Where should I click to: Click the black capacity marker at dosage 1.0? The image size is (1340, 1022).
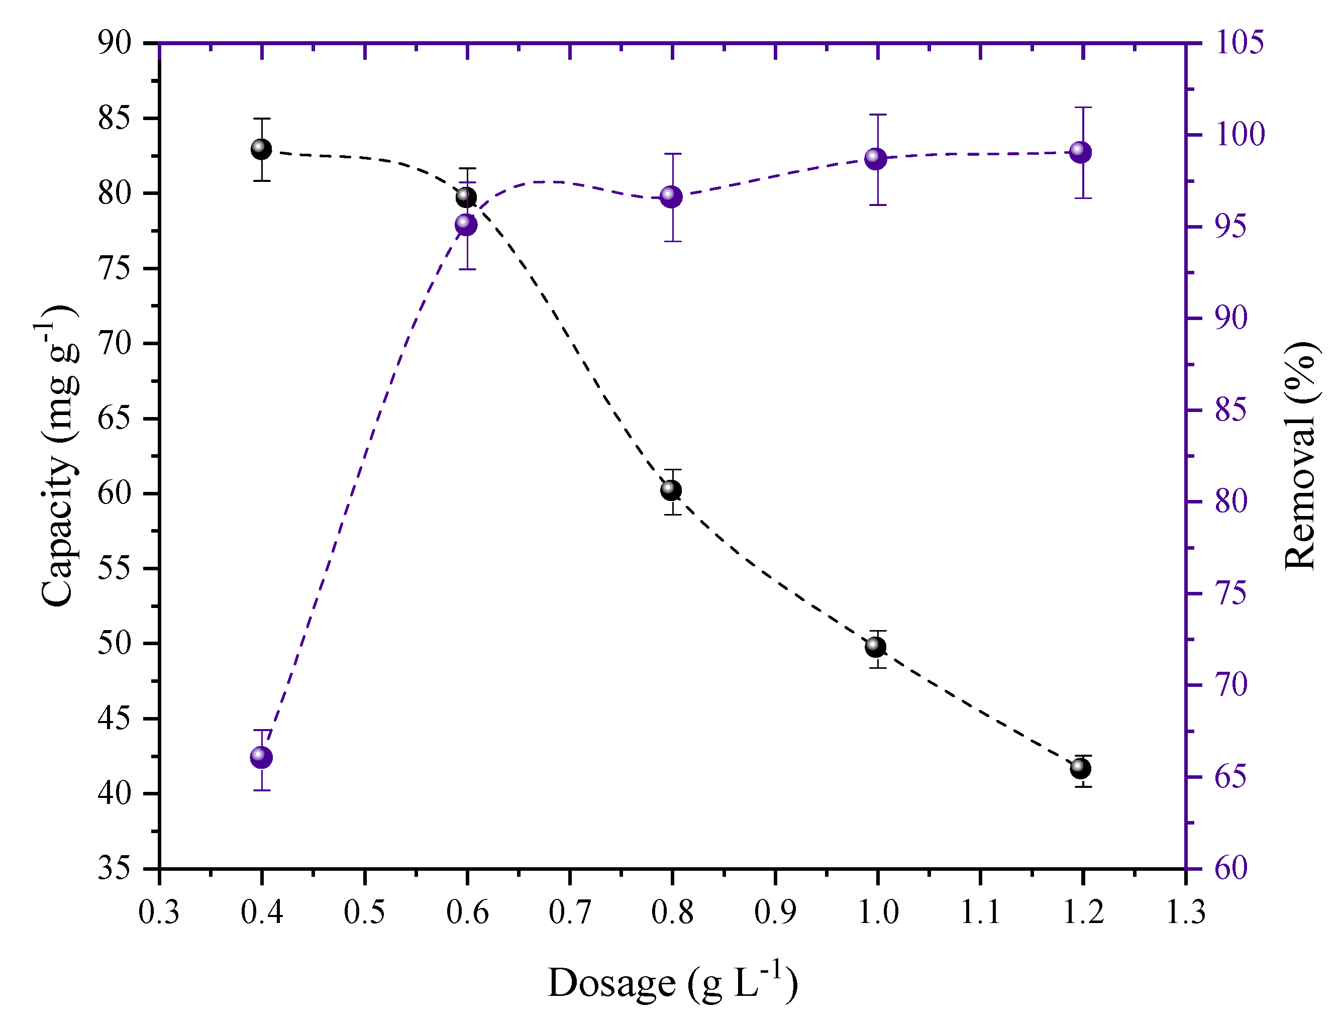tap(875, 647)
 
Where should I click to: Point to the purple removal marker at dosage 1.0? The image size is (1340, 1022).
tap(875, 159)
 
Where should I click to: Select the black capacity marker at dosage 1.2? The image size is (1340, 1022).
tap(1080, 768)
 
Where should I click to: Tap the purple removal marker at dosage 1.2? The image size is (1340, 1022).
tap(1080, 152)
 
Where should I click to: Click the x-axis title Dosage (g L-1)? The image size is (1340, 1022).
tap(672, 982)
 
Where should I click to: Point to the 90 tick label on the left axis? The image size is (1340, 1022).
tap(115, 44)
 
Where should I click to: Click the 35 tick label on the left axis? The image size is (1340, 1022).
tap(115, 868)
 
